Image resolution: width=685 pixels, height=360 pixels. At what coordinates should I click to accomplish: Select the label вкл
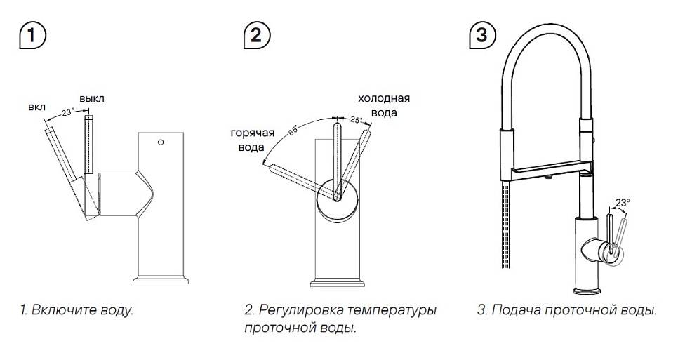36,107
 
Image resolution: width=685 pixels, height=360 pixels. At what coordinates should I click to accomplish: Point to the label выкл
92,99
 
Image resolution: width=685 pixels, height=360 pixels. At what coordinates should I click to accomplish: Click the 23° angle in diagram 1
67,112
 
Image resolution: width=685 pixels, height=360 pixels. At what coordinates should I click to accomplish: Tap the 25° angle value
355,121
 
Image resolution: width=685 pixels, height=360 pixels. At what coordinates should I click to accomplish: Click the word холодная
384,98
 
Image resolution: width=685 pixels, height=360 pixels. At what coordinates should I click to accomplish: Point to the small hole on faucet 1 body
161,144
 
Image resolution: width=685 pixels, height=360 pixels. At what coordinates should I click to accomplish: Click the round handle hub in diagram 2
335,198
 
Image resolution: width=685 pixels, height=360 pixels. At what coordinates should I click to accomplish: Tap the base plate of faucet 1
161,281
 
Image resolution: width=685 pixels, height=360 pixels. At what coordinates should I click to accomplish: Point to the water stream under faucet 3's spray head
504,225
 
